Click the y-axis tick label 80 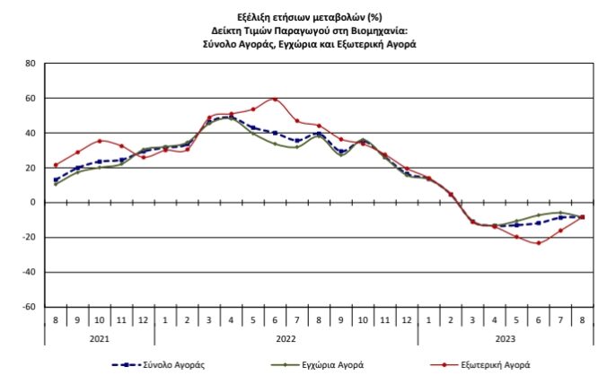30,64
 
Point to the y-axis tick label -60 28,307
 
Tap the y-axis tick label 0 32,203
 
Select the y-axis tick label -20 28,238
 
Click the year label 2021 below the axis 99,338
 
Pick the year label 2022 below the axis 286,338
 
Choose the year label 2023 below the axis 506,338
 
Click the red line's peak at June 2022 275,99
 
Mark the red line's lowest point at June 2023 538,243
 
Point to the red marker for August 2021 56,165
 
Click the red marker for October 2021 100,141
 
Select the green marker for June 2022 275,144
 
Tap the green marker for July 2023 559,213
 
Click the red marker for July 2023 559,231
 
